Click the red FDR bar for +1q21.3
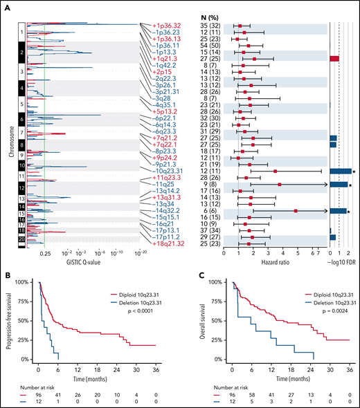[334, 59]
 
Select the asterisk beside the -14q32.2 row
[353, 211]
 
